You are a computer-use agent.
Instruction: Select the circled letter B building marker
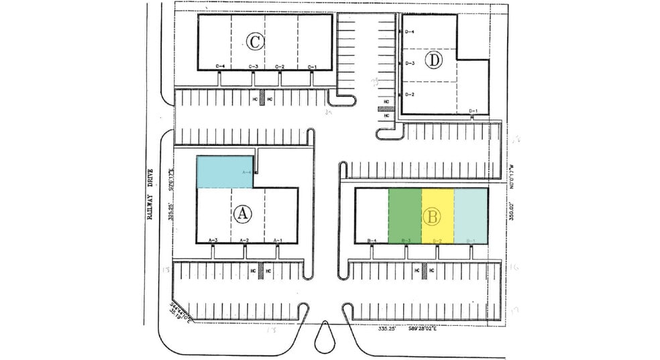coord(433,217)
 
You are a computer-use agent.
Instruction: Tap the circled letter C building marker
coord(254,42)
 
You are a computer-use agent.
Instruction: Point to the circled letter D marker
coord(435,61)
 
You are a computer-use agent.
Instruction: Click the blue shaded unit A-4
coord(225,172)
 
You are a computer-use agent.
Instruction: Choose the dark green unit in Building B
coord(405,215)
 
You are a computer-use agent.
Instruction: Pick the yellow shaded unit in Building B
coord(438,215)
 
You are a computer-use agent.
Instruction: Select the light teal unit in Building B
coord(471,215)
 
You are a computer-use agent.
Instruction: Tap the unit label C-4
coord(220,66)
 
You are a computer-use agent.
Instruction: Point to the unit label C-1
coord(312,66)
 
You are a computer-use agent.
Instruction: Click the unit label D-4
coord(410,32)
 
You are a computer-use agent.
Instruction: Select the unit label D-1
coord(473,111)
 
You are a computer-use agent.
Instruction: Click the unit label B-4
coord(373,240)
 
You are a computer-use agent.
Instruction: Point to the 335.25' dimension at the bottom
coord(388,329)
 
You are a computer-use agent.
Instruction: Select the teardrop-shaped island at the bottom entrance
coord(326,333)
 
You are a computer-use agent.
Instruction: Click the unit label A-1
coord(277,240)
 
